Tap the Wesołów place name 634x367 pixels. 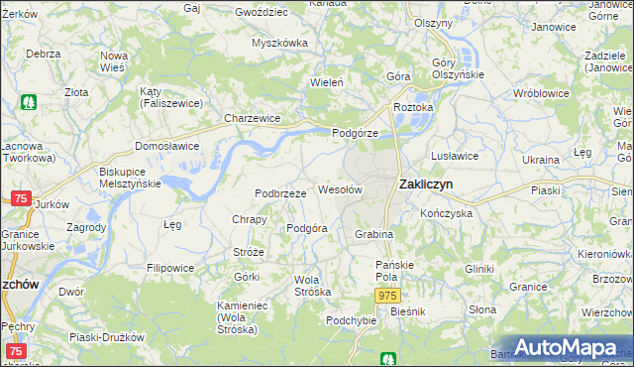click(339, 188)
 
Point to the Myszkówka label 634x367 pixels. click(279, 43)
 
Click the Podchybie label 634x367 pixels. click(351, 319)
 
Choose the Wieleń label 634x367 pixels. click(327, 82)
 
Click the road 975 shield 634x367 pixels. click(387, 296)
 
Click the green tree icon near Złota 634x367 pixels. click(30, 101)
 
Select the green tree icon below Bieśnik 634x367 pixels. click(390, 358)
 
